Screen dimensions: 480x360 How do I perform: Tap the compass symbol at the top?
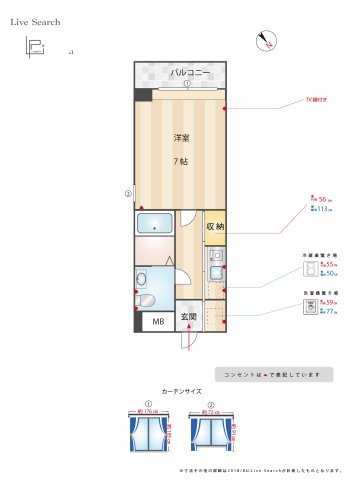265,40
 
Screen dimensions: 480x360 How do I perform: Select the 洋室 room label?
181,137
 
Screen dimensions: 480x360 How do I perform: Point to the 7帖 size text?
181,161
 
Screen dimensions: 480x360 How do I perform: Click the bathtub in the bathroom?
155,224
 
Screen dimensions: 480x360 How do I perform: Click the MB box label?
157,321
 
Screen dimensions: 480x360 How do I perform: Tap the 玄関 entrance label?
189,318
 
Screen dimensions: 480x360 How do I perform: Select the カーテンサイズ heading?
181,393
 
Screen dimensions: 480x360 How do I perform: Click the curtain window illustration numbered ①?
147,436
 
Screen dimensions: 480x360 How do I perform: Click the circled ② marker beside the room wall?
127,194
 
